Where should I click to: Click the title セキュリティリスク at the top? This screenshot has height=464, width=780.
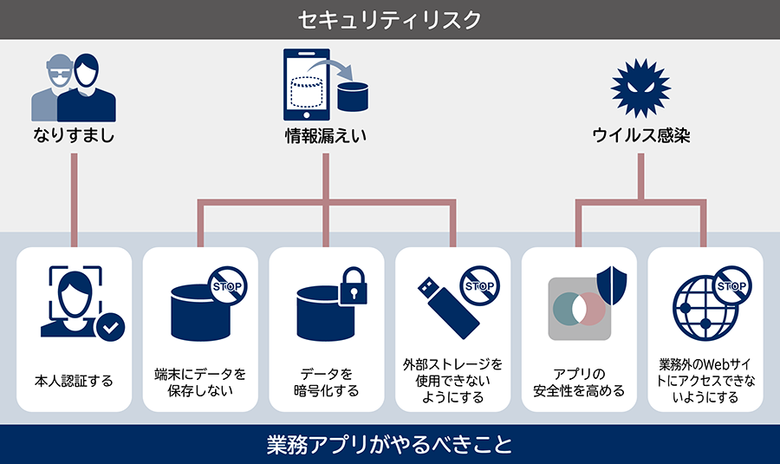pos(389,19)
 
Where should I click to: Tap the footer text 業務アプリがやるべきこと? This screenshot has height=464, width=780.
pos(389,446)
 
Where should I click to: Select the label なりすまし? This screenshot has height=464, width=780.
pos(74,136)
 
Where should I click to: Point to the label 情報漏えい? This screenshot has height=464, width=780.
pos(325,136)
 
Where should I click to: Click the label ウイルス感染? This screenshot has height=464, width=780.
pos(641,136)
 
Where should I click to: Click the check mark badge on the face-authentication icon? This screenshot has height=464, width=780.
pos(110,328)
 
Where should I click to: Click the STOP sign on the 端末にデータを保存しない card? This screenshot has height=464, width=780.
pos(228,284)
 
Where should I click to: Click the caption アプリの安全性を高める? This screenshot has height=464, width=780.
pos(579,382)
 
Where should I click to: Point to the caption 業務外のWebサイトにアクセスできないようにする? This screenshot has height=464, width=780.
pos(705,381)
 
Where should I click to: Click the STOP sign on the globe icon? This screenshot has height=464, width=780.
pos(731,285)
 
